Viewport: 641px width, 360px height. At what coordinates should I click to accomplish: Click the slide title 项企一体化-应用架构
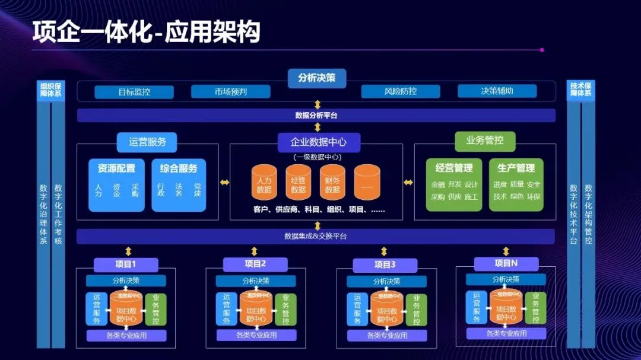[146, 33]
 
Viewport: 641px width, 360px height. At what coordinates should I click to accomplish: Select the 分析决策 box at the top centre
[317, 78]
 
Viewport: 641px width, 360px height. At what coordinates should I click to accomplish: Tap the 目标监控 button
[134, 92]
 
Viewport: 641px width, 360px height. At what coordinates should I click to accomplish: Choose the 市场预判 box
[230, 92]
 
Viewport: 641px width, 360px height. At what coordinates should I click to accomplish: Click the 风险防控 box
[401, 92]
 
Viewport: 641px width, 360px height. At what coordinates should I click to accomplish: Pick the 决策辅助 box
[497, 91]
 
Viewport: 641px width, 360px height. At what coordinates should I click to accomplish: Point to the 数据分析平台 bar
[316, 115]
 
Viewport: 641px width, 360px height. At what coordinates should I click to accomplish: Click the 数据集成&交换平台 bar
[316, 237]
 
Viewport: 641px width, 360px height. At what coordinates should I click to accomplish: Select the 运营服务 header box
[147, 142]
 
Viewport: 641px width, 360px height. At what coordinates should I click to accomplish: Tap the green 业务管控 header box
[485, 141]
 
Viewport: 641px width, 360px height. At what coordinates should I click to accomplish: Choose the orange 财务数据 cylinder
[333, 182]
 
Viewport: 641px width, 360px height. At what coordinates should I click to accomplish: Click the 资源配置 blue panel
[116, 184]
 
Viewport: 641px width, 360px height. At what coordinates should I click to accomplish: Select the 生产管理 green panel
[516, 184]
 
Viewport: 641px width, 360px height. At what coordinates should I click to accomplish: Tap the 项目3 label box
[385, 265]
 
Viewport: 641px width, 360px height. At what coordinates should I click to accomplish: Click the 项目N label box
[506, 263]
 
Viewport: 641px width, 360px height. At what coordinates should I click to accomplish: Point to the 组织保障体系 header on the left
[50, 90]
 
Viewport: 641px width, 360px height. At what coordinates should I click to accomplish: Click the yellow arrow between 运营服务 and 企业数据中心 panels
[224, 182]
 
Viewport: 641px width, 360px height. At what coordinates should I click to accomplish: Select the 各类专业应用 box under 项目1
[125, 336]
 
